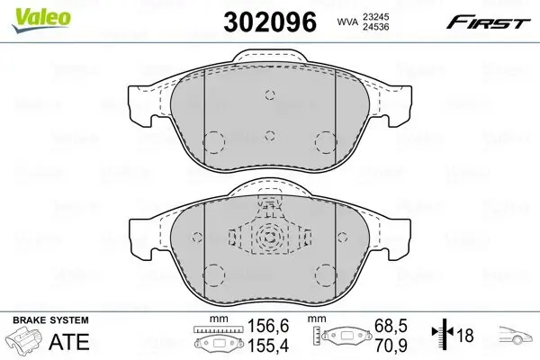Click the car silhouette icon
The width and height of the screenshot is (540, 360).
[x=517, y=337]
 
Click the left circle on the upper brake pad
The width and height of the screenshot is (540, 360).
[x=215, y=142]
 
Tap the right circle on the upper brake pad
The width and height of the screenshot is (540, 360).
[x=326, y=142]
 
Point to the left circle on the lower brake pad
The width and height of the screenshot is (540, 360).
[x=215, y=272]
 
